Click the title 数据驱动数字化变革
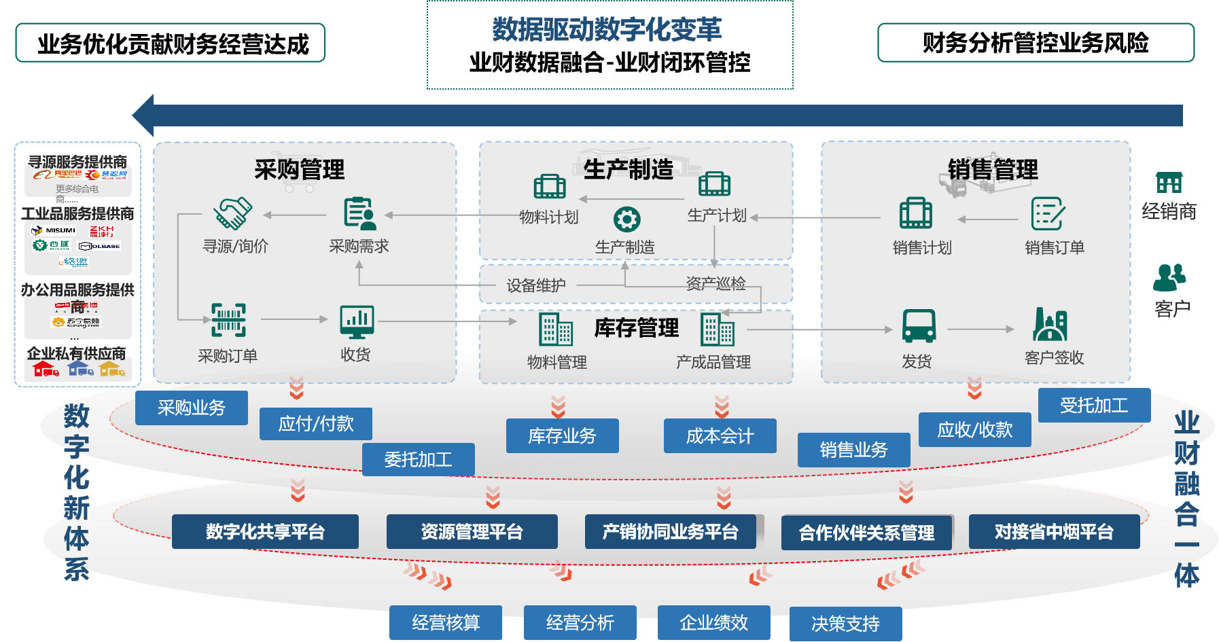(607, 29)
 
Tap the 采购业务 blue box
(192, 408)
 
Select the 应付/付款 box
(316, 424)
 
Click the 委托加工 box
(419, 460)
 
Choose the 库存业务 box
(562, 435)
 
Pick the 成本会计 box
(720, 435)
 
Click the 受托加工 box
(1094, 406)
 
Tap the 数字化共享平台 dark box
(265, 531)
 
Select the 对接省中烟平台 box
(1054, 531)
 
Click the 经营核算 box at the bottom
(446, 622)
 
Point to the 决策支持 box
(845, 623)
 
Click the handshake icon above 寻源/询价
(232, 213)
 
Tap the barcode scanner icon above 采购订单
(228, 320)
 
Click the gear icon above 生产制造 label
(626, 219)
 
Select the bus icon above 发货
(919, 326)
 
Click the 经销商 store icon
(1169, 183)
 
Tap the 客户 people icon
(1169, 277)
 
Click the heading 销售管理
(993, 169)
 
